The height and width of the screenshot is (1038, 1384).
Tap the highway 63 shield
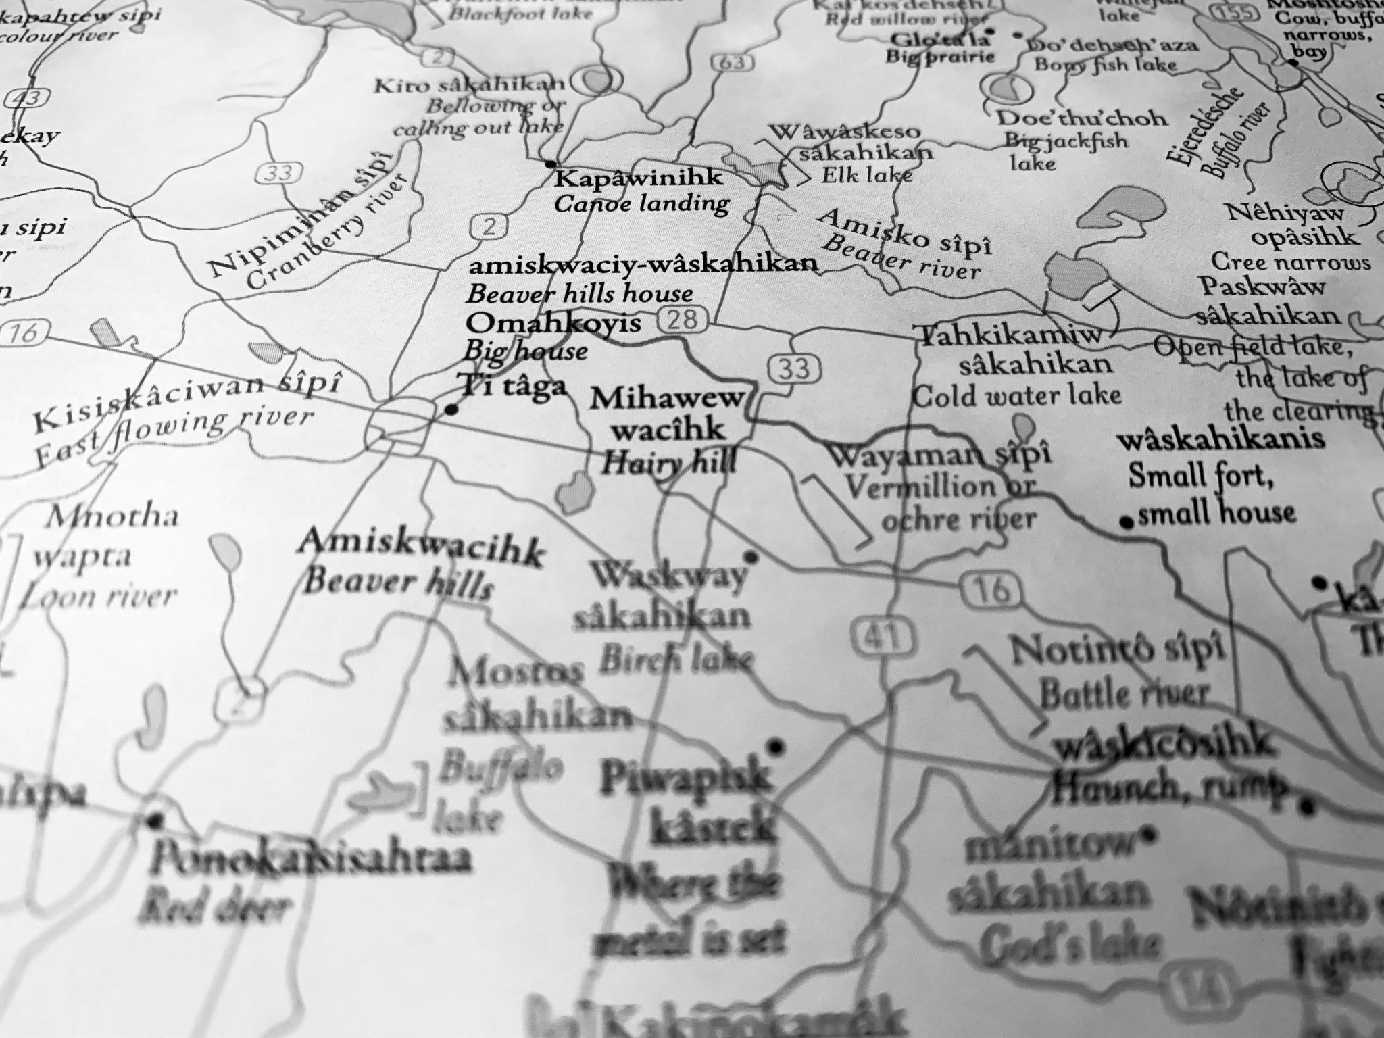732,63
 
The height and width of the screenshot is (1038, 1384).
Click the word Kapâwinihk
639,179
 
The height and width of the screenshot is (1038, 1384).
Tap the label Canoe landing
641,203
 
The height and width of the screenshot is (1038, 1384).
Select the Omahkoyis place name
553,324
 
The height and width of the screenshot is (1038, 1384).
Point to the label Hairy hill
668,464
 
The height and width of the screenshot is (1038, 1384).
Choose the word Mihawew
666,399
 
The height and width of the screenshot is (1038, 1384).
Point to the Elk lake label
866,176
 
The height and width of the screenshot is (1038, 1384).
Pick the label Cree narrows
1290,262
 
